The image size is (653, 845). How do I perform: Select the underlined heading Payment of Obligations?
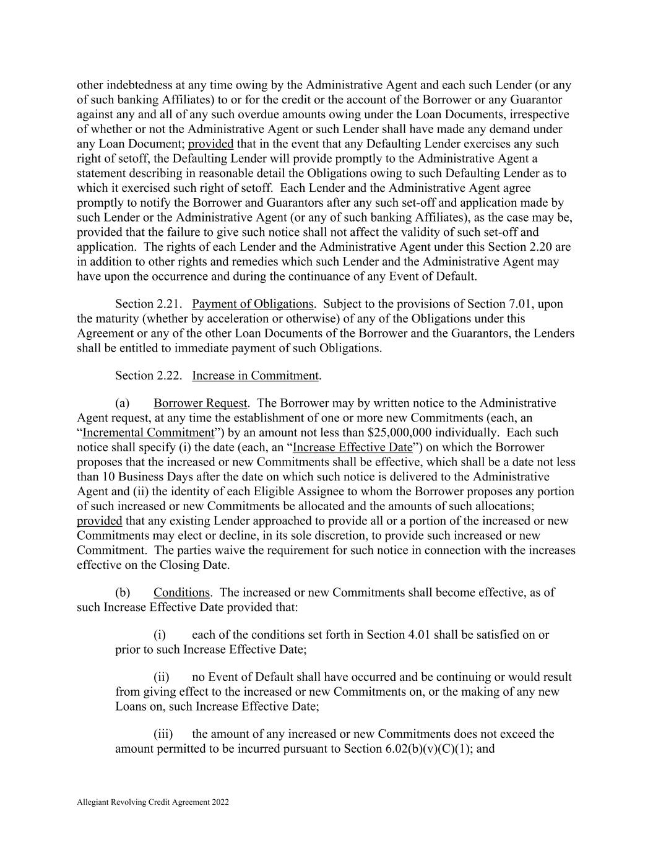tap(253, 304)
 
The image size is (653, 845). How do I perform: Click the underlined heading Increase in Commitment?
tap(256, 376)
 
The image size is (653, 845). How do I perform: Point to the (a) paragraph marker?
tap(123, 404)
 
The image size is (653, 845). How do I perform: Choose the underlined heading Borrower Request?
tap(200, 404)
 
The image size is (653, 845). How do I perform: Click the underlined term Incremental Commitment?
tap(148, 433)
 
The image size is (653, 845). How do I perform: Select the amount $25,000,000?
tap(400, 433)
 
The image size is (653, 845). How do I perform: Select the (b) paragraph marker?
tap(123, 593)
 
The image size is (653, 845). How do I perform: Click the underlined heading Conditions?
tap(181, 593)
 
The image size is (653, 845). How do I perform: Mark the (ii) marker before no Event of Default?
tap(161, 677)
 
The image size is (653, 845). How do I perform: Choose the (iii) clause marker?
tap(163, 735)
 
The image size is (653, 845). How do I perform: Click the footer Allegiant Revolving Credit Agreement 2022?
tap(153, 802)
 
